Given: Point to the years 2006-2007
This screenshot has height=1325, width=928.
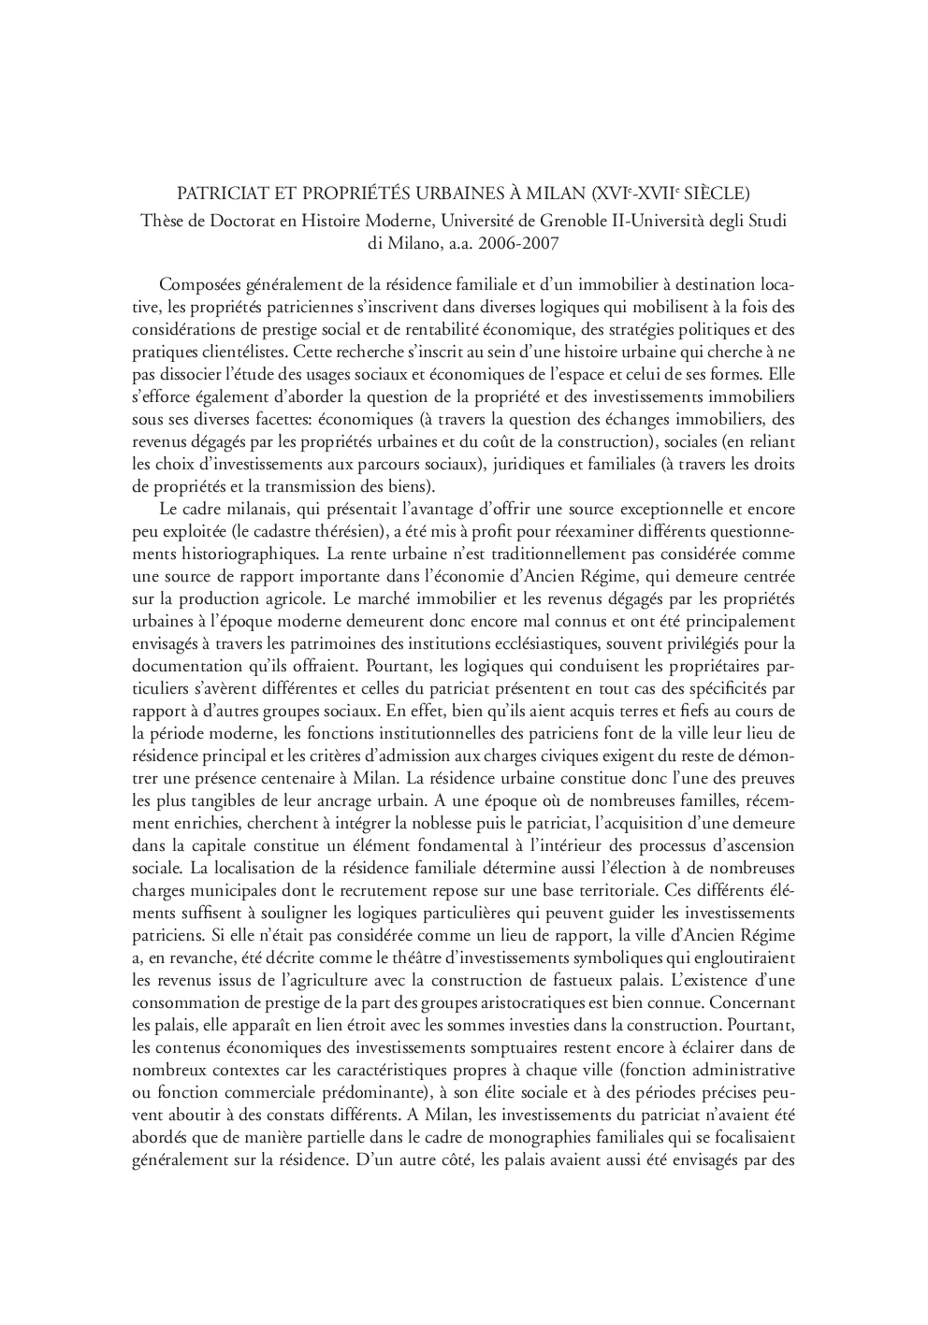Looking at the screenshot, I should tap(519, 243).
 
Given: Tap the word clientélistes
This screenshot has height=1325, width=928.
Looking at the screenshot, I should tap(236, 353).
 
